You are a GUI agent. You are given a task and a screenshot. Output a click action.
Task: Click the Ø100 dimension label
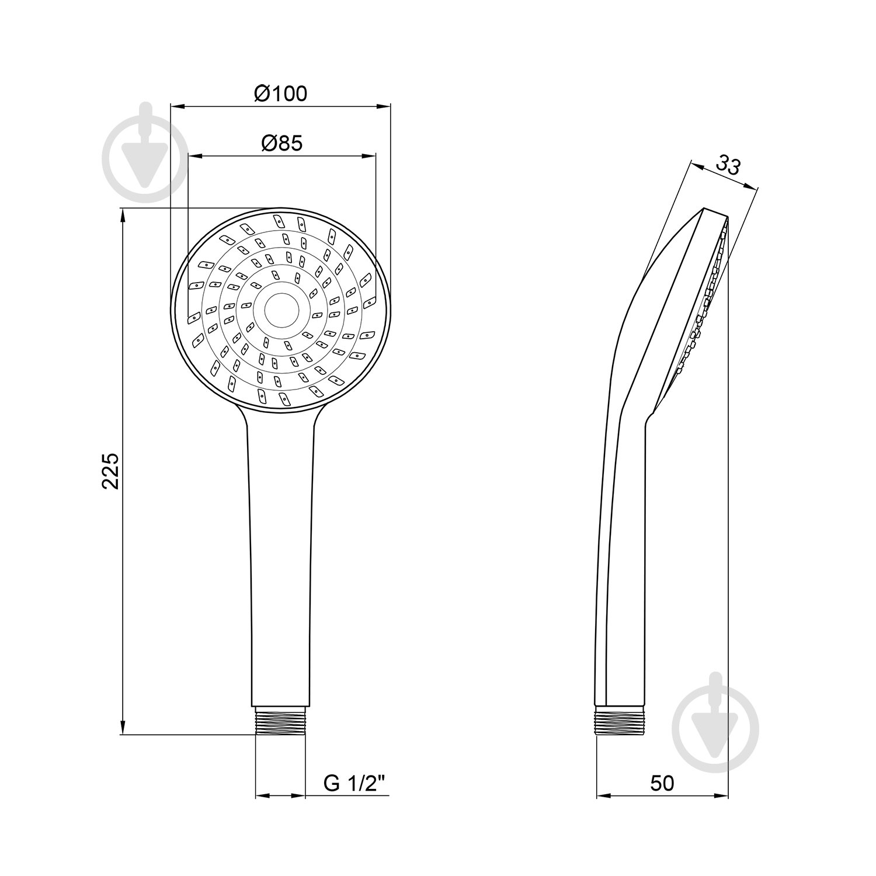(x=281, y=93)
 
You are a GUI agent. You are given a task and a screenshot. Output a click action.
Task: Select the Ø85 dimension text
(x=283, y=143)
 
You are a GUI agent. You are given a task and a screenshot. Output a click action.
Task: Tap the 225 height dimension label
(x=110, y=471)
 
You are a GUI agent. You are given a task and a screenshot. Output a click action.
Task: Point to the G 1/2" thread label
(x=356, y=784)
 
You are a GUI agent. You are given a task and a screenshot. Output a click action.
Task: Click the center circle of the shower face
(x=281, y=310)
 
